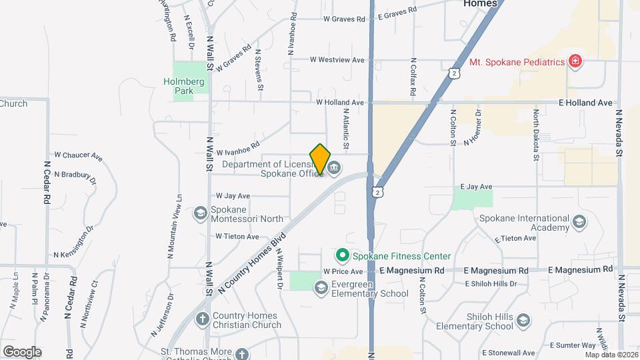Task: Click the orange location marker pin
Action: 320,159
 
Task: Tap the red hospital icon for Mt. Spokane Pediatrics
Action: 575,62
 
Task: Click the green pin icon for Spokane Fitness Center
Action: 343,255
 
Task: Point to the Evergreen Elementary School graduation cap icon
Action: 321,287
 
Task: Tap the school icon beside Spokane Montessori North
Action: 199,213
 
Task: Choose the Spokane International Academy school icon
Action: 579,221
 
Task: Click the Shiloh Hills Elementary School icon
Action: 523,320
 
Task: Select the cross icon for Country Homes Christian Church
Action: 202,319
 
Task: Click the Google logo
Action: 21,351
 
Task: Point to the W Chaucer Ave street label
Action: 79,156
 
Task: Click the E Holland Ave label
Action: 586,103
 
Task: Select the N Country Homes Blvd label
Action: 251,261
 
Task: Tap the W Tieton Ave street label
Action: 237,237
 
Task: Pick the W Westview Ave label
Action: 337,59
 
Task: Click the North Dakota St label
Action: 535,136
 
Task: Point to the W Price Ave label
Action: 343,272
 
